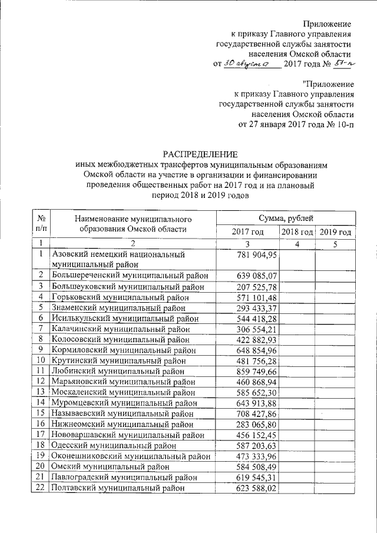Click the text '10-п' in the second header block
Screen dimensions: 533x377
point(342,125)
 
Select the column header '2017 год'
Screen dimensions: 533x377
point(247,232)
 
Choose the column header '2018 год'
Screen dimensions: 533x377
point(296,232)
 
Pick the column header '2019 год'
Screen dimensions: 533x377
point(336,232)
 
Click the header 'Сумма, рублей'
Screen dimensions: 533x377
point(285,218)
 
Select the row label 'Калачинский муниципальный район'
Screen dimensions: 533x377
point(121,327)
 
